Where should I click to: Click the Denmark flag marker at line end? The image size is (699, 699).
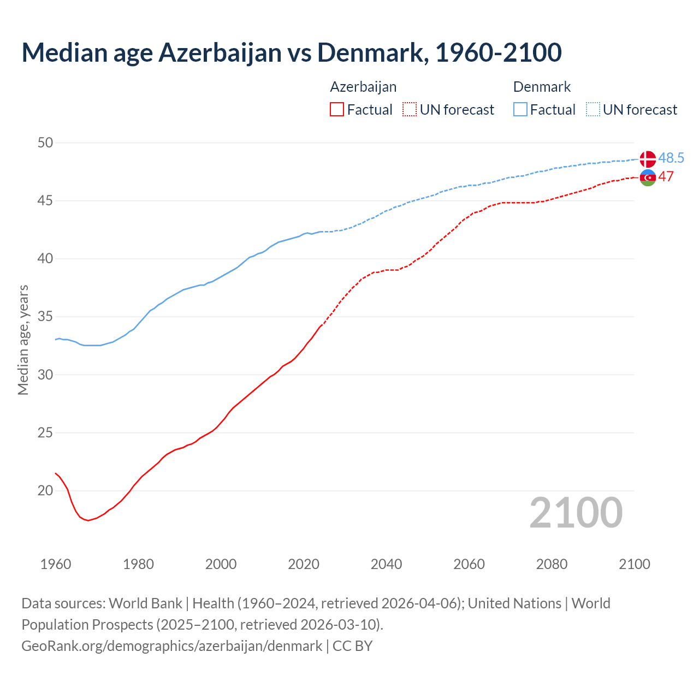tap(647, 159)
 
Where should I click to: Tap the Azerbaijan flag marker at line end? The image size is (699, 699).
tap(647, 177)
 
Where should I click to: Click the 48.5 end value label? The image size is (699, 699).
tap(671, 158)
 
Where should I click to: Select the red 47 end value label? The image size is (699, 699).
tap(666, 176)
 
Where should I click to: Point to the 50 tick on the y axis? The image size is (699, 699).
tap(45, 143)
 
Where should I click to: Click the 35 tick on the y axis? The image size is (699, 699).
tap(45, 317)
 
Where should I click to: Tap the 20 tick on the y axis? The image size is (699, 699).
tap(45, 490)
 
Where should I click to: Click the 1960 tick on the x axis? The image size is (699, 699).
tap(56, 564)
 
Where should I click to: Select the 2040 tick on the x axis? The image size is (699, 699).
tap(386, 564)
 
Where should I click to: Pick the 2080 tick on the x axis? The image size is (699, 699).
tap(552, 564)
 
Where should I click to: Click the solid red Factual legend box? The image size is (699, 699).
tap(337, 110)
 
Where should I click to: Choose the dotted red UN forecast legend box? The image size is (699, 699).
tap(410, 110)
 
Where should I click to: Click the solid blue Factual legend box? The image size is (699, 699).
tap(520, 110)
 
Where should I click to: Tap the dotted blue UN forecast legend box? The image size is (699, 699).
tap(593, 110)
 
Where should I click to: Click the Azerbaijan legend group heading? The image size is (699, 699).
tap(363, 87)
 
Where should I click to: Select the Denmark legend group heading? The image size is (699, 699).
tap(542, 87)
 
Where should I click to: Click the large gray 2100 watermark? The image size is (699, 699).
tap(576, 512)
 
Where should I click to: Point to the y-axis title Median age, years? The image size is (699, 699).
tap(23, 340)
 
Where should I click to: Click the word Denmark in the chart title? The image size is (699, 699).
tap(370, 52)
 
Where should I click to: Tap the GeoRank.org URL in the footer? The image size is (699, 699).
tap(171, 645)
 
